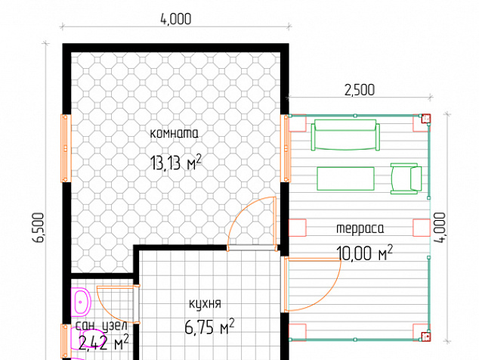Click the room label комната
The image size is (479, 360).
pos(174,134)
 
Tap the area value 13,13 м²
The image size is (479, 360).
pos(176,163)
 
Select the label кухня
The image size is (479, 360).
pos(205,304)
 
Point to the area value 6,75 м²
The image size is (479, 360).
pos(209,327)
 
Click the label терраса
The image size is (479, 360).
pos(360,228)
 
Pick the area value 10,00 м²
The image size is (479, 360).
pos(364,253)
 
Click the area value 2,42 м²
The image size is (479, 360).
pos(104,343)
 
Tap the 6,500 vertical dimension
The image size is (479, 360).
pos(39,228)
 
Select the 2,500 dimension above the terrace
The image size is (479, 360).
pos(360,90)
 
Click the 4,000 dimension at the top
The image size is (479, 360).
pos(176,19)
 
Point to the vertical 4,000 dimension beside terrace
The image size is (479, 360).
pos(440,228)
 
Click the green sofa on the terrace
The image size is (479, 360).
pos(345,135)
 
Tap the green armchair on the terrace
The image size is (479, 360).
pos(406,178)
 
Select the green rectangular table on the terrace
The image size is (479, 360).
pos(346,178)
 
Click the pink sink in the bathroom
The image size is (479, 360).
pos(82,302)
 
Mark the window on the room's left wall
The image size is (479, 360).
pos(66,148)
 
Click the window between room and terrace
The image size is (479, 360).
pos(286,148)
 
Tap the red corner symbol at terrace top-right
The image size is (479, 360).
pos(426,119)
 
